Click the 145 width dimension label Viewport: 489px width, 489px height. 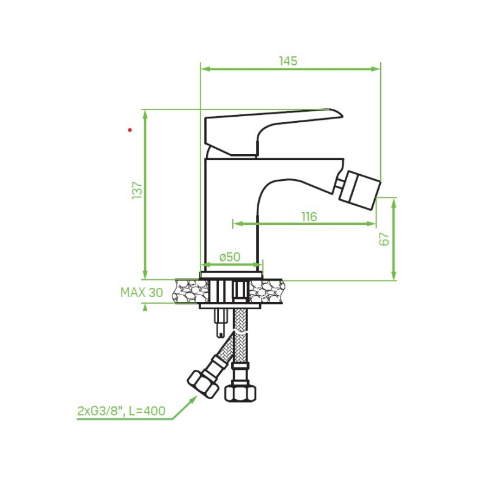tap(288, 61)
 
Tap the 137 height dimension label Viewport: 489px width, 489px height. tap(137, 190)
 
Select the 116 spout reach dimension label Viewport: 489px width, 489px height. tap(309, 216)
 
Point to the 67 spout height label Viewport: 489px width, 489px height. tap(385, 239)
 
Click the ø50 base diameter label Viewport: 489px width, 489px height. tap(230, 257)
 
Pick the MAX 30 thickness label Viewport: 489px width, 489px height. tap(142, 293)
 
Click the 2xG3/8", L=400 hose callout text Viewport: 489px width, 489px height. tap(121, 411)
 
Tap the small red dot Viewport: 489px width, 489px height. tap(130, 130)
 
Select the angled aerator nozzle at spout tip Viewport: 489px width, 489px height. tap(360, 189)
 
